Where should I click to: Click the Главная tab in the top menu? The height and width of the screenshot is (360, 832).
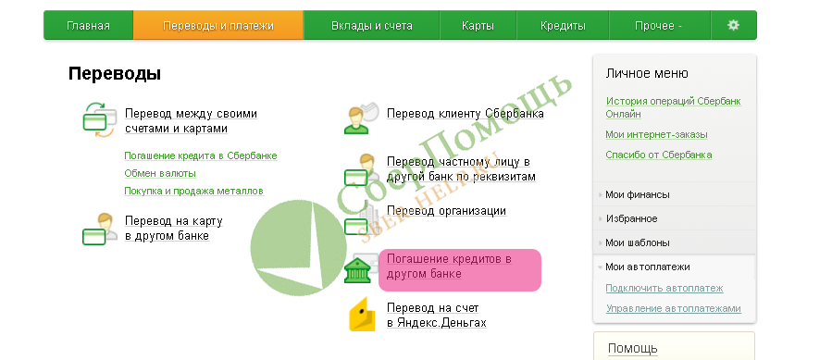88,26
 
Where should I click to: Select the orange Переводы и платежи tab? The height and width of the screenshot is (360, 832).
218,26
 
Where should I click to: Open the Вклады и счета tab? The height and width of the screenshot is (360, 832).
371,26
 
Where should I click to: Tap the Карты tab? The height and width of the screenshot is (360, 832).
478,26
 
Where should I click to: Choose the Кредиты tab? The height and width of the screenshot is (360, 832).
562,26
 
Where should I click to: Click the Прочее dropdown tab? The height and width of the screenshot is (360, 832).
659,26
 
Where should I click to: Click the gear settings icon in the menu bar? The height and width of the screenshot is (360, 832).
733,25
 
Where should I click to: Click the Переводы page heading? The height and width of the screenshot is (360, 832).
115,73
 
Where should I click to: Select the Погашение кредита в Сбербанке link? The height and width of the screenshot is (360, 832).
200,155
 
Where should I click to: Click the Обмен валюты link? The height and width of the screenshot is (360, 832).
159,173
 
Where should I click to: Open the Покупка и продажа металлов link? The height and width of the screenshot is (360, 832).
193,191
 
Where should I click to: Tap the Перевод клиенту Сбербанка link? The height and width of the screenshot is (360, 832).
465,114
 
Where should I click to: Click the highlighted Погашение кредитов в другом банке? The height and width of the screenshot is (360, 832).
449,267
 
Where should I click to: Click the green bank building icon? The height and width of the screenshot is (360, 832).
357,270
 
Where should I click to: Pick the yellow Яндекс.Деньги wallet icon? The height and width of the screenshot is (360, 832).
362,315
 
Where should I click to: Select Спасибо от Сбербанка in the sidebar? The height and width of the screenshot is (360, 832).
658,155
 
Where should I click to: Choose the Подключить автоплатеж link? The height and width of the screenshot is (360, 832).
664,288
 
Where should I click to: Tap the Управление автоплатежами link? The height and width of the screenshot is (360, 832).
673,308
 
